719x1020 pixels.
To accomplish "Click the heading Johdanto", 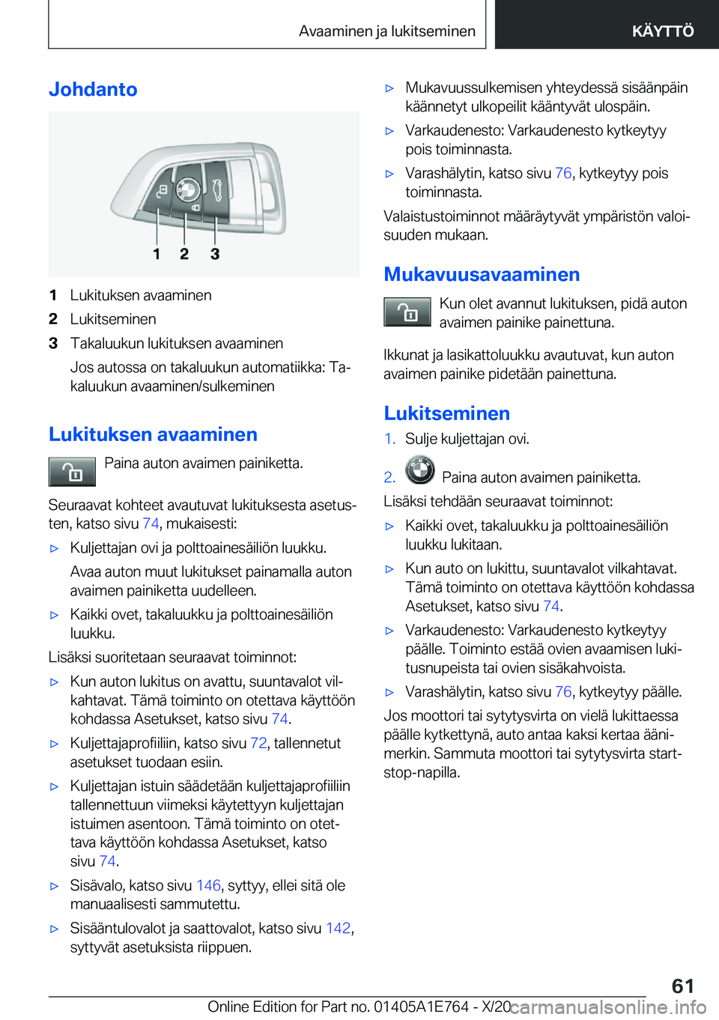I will pyautogui.click(x=93, y=89).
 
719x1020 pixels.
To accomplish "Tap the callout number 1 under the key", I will pyautogui.click(x=157, y=254).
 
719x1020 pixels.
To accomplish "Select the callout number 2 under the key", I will pyautogui.click(x=184, y=254).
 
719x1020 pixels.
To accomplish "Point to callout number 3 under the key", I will pyautogui.click(x=215, y=254).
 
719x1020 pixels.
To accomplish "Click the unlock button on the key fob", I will pyautogui.click(x=161, y=191).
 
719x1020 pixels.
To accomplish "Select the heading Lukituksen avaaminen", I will pyautogui.click(x=153, y=434).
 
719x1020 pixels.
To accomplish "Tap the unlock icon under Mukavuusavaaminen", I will pyautogui.click(x=407, y=312).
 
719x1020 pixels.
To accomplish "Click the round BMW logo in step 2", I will pyautogui.click(x=419, y=471).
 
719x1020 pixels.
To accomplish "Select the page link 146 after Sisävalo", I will pyautogui.click(x=208, y=885).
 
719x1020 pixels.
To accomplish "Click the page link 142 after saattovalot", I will pyautogui.click(x=338, y=928).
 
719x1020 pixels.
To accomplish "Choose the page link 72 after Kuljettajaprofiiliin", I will pyautogui.click(x=258, y=743).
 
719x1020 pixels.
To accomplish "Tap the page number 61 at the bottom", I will pyautogui.click(x=682, y=986).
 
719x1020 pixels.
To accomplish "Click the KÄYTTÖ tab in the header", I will pyautogui.click(x=662, y=31).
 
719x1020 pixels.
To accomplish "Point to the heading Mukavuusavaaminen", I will pyautogui.click(x=482, y=274).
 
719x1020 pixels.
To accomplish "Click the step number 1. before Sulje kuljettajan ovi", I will pyautogui.click(x=389, y=439).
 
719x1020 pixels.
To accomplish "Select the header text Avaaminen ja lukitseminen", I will pyautogui.click(x=386, y=31).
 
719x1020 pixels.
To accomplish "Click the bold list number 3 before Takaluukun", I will pyautogui.click(x=53, y=344).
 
